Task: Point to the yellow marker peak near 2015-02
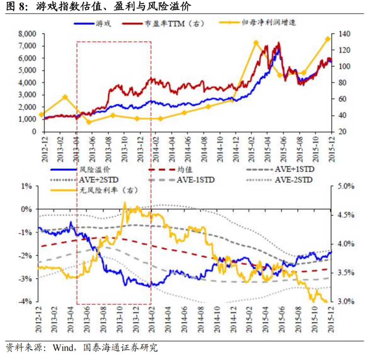click(x=256, y=43)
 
